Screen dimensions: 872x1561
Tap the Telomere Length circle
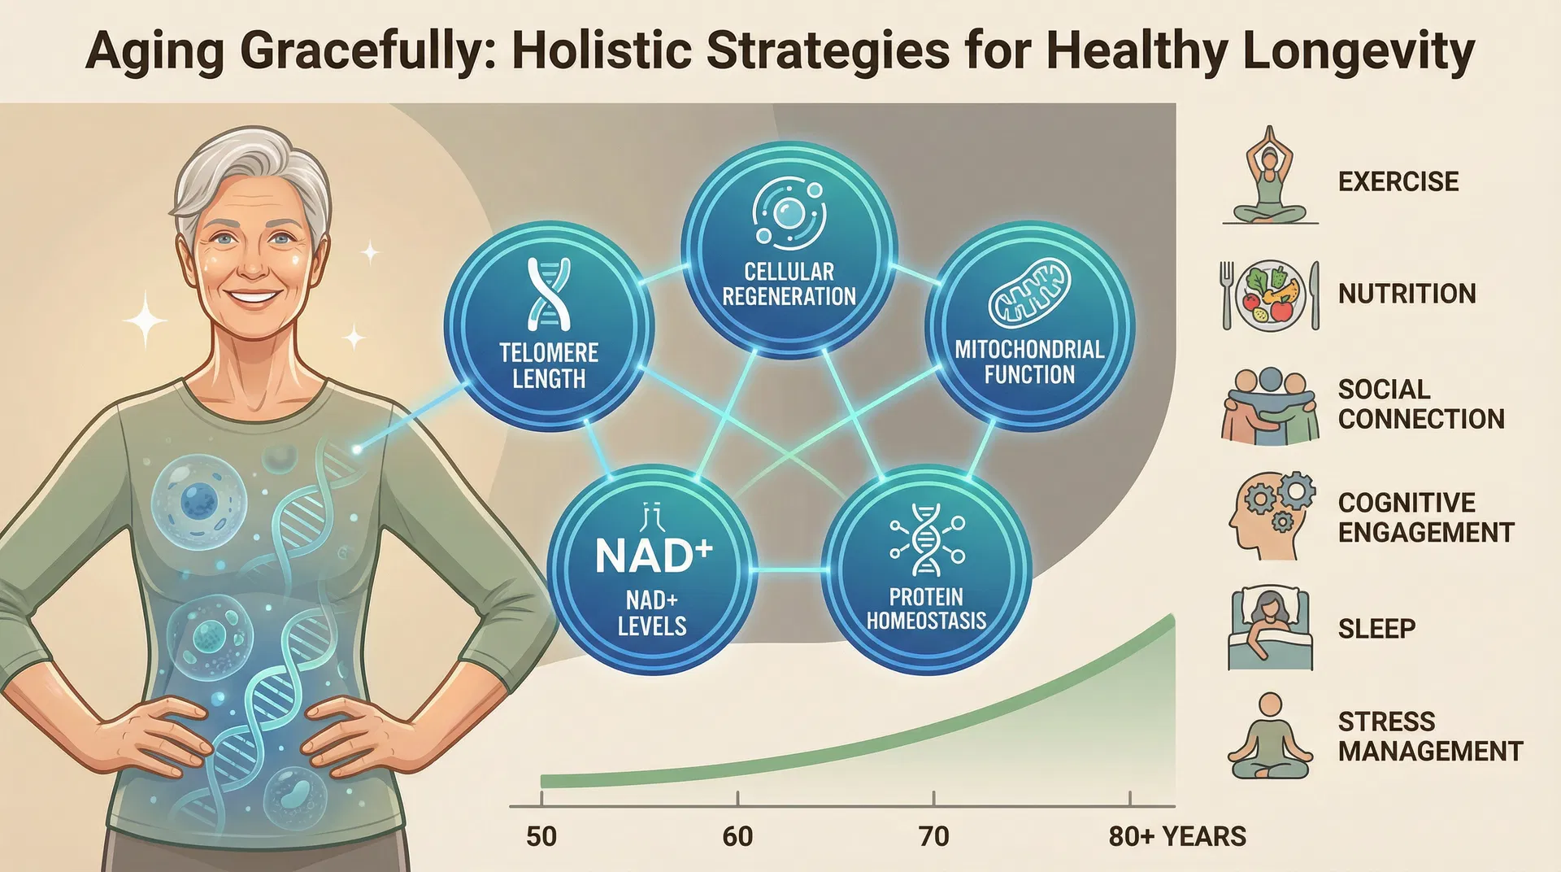pyautogui.click(x=549, y=325)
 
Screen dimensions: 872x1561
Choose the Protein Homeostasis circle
pyautogui.click(x=926, y=569)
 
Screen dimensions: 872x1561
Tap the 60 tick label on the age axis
pyautogui.click(x=737, y=836)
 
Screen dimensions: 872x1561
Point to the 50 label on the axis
pyautogui.click(x=541, y=836)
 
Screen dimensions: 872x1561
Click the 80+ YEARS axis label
pyautogui.click(x=1176, y=836)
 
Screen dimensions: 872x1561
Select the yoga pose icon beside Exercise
pyautogui.click(x=1269, y=176)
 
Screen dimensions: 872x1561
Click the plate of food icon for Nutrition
pyautogui.click(x=1270, y=294)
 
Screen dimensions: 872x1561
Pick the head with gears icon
pyautogui.click(x=1270, y=517)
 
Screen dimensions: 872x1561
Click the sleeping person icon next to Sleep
pyautogui.click(x=1270, y=628)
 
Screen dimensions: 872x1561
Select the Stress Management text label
pyautogui.click(x=1429, y=736)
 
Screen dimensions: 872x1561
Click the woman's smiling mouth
pyautogui.click(x=254, y=297)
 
